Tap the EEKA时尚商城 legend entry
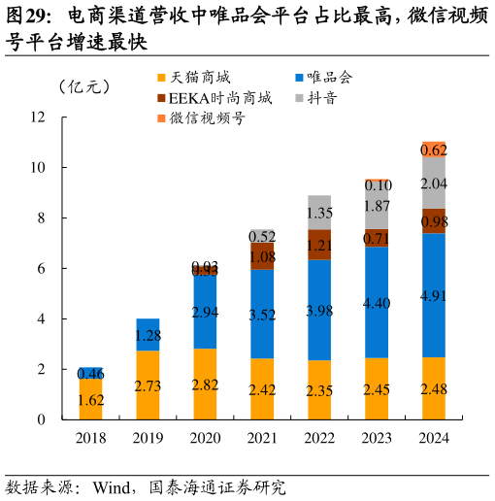pyautogui.click(x=219, y=98)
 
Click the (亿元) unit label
pyautogui.click(x=83, y=86)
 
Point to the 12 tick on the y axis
pyautogui.click(x=39, y=117)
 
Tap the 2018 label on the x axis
pyautogui.click(x=91, y=438)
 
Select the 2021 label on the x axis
pyautogui.click(x=262, y=438)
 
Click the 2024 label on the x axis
pyautogui.click(x=434, y=438)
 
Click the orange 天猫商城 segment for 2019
pyautogui.click(x=148, y=385)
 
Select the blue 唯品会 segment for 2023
pyautogui.click(x=377, y=303)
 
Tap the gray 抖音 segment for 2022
pyautogui.click(x=319, y=212)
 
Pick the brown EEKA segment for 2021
pyautogui.click(x=262, y=255)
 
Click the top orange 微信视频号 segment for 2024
pyautogui.click(x=434, y=150)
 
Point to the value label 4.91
pyautogui.click(x=434, y=295)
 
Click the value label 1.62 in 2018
pyautogui.click(x=91, y=399)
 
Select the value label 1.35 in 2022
pyautogui.click(x=319, y=213)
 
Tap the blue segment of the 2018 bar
pyautogui.click(x=91, y=373)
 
